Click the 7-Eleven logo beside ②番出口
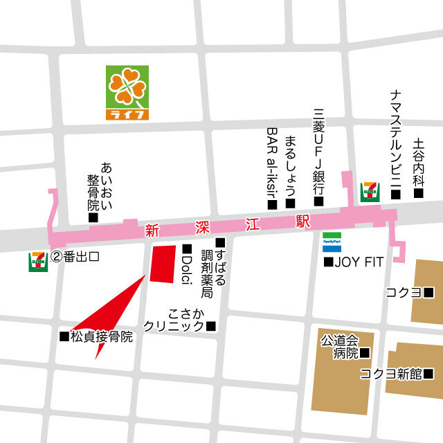click(37, 260)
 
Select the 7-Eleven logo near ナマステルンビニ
click(370, 190)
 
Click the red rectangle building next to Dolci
click(164, 263)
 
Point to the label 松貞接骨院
click(100, 336)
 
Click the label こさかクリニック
click(179, 320)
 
